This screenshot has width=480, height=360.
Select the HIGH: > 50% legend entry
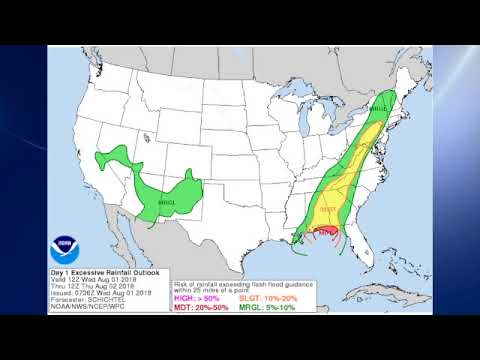pyautogui.click(x=195, y=298)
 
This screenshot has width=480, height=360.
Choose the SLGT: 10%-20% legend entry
pyautogui.click(x=261, y=298)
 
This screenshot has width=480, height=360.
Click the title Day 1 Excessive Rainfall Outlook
pyautogui.click(x=103, y=272)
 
